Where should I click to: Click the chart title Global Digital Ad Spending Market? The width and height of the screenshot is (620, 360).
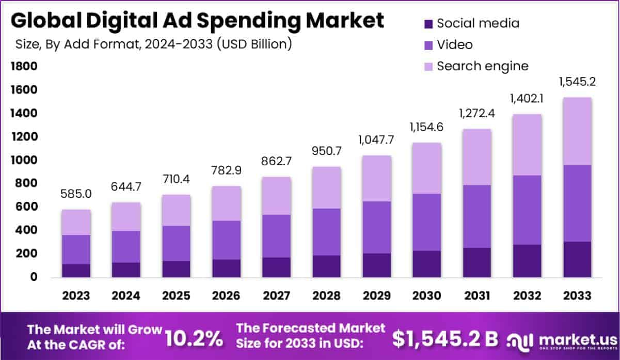coord(197,21)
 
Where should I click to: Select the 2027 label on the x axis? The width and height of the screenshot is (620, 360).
coord(276,296)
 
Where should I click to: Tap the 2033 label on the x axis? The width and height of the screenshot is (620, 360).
coord(577,296)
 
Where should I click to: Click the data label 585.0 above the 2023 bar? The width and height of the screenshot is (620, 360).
coord(76,195)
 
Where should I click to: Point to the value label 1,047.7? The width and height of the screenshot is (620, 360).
coord(377,140)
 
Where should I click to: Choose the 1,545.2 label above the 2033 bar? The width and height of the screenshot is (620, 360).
coord(577,82)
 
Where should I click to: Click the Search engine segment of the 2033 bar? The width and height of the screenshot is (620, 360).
coord(577,131)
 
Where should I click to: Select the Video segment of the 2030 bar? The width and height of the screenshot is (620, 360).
coord(427,222)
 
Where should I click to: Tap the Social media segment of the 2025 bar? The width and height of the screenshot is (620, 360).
coord(176,269)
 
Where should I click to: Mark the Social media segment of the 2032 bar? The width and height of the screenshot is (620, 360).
coord(527,261)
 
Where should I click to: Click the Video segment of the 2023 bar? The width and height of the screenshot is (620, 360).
coord(76,249)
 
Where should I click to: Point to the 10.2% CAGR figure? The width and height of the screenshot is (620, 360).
coord(194,338)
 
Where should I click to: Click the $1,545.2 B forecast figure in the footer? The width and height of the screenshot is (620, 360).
coord(445,338)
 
